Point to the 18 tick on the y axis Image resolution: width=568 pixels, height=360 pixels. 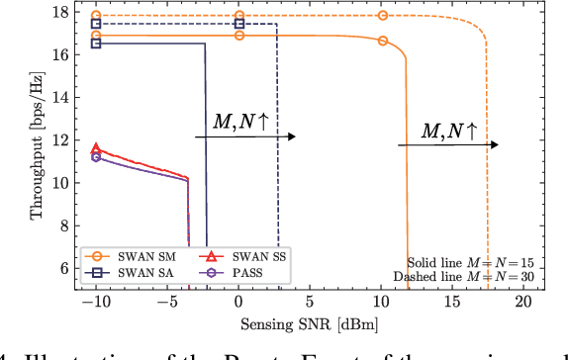(62, 13)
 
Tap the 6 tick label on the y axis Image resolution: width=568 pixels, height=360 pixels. (65, 268)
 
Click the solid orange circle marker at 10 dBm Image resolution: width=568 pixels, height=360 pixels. (382, 42)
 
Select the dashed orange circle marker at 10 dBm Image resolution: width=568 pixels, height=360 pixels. (382, 16)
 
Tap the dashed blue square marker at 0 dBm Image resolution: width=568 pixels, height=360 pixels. (238, 24)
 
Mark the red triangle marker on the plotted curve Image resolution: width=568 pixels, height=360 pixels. (96, 148)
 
